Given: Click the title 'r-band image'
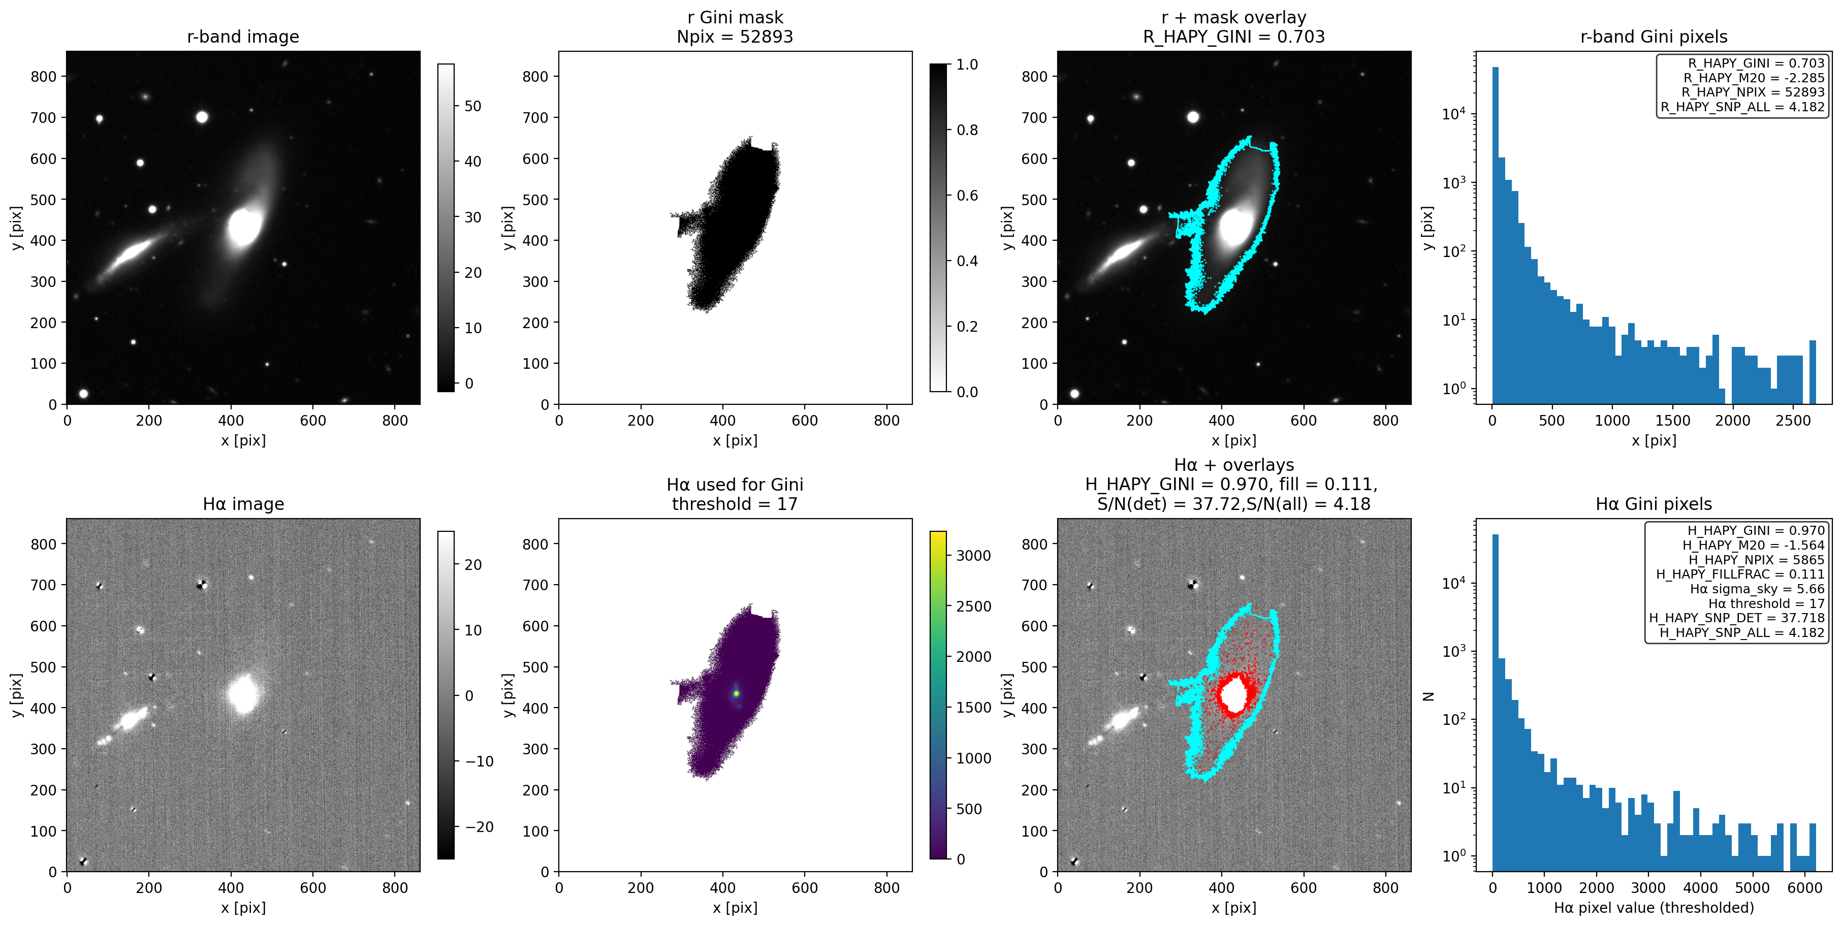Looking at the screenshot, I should point(243,37).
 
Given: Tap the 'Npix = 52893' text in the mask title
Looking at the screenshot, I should point(735,37).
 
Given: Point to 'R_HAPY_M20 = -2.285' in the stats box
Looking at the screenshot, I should point(1753,78).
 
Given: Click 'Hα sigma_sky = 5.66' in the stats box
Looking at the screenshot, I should point(1757,589).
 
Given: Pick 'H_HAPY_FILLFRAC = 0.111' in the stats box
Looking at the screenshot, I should point(1740,574).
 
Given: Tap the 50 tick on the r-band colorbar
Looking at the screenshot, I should point(472,106).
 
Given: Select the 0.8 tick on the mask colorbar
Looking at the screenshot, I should point(967,130).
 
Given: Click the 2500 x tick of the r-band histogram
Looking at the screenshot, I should point(1793,421).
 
